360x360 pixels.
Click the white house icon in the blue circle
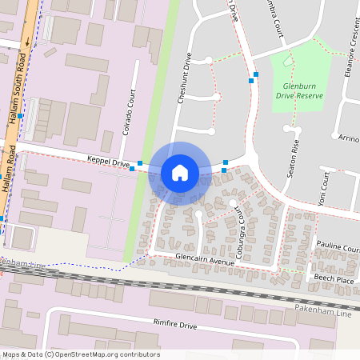coord(180,173)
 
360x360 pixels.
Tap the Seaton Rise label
coord(294,158)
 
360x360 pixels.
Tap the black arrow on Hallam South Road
coord(26,42)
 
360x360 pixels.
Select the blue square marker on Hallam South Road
coord(20,116)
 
